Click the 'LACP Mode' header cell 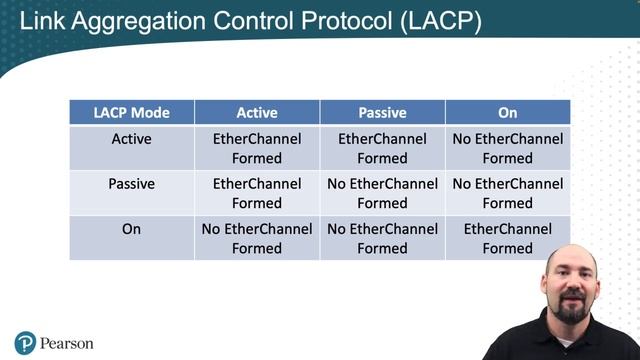[x=132, y=113]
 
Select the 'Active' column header [x=257, y=113]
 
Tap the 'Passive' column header [x=382, y=113]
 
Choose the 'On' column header [x=507, y=113]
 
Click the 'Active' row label [x=132, y=139]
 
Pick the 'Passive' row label [x=132, y=184]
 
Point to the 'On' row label [x=132, y=229]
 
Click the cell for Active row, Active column [x=257, y=148]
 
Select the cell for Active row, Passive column [x=382, y=148]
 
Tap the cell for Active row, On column [x=507, y=148]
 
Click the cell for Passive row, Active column [x=257, y=193]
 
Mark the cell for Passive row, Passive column [x=382, y=193]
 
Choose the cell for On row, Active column [x=257, y=238]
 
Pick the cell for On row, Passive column [x=382, y=238]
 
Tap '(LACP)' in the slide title [x=441, y=21]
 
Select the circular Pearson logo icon [x=25, y=343]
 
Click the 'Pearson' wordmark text [x=67, y=344]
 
